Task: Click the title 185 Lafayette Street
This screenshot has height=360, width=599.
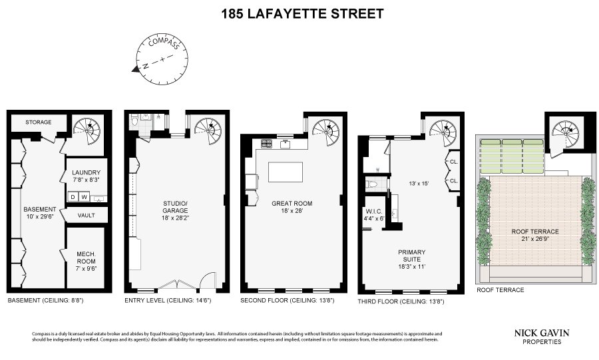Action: click(x=303, y=14)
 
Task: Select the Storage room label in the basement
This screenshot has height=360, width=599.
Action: click(x=38, y=122)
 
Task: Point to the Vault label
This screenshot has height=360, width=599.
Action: click(x=86, y=216)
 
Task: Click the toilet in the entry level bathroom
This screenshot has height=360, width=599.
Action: click(x=134, y=121)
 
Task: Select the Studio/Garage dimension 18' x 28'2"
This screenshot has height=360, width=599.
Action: click(x=175, y=218)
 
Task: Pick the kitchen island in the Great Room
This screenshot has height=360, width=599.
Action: click(x=286, y=172)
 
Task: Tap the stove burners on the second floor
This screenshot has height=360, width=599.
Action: click(x=267, y=144)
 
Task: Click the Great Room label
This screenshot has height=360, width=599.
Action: click(x=292, y=204)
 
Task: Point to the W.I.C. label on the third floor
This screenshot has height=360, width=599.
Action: click(x=373, y=212)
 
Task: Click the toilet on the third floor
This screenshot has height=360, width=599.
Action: click(x=372, y=185)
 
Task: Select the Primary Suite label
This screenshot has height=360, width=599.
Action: click(x=411, y=256)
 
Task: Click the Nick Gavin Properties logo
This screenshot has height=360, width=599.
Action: click(x=541, y=337)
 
